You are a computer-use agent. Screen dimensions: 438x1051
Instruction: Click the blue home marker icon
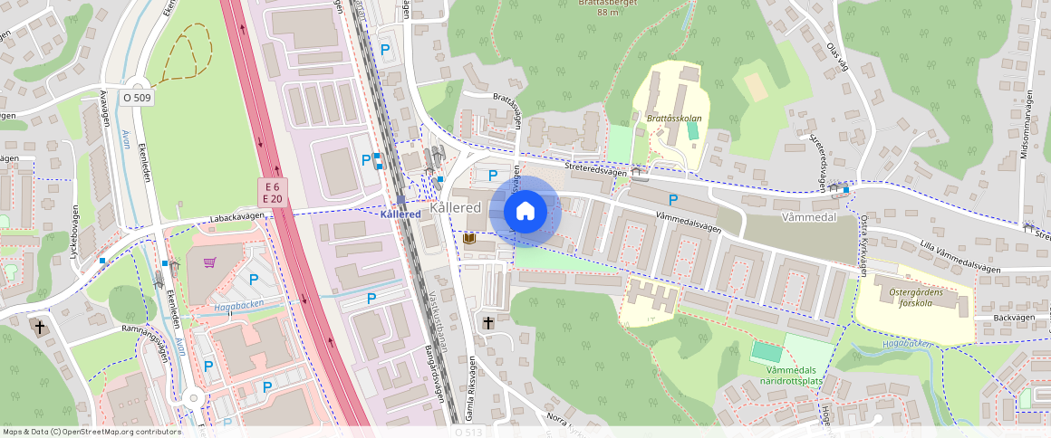point(525,211)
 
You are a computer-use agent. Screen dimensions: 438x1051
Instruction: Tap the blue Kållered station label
point(400,214)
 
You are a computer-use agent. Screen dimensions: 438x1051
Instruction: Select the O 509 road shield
point(137,97)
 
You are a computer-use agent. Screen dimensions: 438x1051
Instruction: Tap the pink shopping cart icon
point(210,262)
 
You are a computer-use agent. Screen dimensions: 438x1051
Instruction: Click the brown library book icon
point(469,239)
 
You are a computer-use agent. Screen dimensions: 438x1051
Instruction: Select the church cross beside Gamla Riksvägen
point(488,322)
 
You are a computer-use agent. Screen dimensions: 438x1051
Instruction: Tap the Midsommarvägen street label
point(1026,128)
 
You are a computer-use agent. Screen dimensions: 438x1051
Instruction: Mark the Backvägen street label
point(1013,319)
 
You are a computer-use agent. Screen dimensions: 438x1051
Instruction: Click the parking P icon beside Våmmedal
point(673,199)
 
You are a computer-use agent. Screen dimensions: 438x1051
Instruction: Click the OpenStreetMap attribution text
point(92,432)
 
